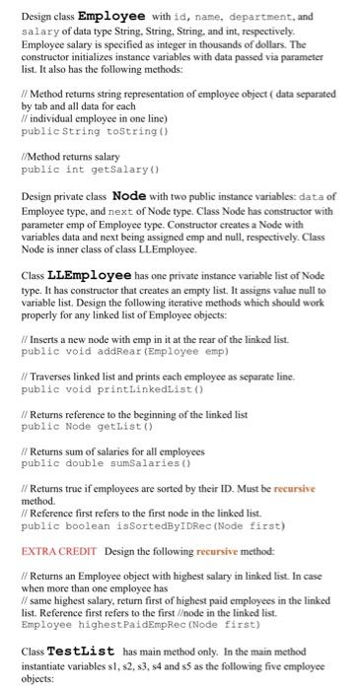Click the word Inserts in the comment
click(42, 338)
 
